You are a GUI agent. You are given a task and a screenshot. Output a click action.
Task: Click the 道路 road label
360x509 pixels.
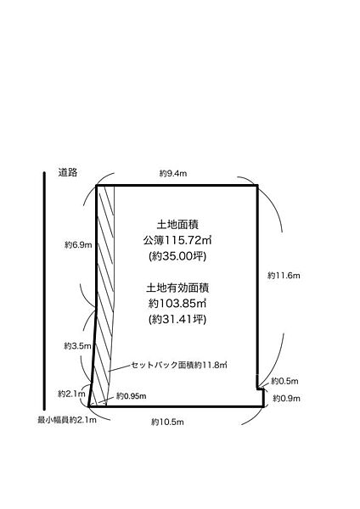click(x=68, y=172)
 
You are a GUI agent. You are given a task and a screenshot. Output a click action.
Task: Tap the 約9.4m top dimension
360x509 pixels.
click(x=173, y=173)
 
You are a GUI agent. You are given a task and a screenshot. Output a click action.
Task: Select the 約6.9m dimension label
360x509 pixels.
click(x=78, y=245)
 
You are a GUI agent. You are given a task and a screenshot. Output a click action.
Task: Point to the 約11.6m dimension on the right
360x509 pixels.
click(x=284, y=276)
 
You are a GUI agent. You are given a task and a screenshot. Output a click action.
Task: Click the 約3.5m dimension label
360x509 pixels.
click(x=77, y=346)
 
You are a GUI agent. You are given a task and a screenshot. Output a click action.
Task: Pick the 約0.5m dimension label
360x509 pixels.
click(x=284, y=381)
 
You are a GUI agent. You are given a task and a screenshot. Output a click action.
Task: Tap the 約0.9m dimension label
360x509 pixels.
click(x=286, y=399)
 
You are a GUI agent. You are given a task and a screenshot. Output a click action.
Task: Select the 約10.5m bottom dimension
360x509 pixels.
click(x=167, y=422)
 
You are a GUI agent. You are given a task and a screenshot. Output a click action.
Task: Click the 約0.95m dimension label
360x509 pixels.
click(x=132, y=396)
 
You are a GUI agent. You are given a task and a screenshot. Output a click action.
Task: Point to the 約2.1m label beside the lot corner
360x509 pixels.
click(x=71, y=394)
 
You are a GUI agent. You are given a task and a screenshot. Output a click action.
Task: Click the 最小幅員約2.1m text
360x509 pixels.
click(x=67, y=420)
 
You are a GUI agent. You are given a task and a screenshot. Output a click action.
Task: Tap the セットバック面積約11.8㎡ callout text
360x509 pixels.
click(x=179, y=365)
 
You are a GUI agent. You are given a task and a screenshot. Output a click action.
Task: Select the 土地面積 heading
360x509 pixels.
click(x=177, y=225)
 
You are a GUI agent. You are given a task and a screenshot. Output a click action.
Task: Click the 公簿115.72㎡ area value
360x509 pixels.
click(x=177, y=241)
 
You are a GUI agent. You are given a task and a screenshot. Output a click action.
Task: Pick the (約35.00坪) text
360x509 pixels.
click(x=177, y=256)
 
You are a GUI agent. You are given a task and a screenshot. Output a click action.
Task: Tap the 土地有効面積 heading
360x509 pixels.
click(x=177, y=288)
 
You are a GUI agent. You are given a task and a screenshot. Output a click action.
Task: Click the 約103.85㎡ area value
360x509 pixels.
click(x=177, y=304)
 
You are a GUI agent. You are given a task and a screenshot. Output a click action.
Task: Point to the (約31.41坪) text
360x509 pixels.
click(x=177, y=320)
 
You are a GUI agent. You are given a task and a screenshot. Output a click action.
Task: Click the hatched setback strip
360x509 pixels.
click(x=105, y=292)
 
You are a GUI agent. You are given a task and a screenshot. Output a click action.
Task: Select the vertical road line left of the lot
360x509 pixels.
click(x=44, y=291)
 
